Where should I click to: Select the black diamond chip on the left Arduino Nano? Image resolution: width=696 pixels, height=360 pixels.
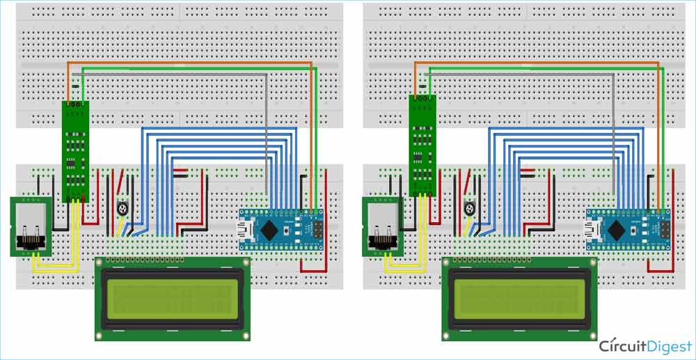point(271,228)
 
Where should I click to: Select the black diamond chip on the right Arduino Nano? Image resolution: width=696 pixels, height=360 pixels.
point(618,228)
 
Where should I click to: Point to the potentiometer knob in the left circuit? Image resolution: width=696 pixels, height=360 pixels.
point(123,207)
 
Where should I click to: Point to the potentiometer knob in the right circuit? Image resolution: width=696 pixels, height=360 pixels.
point(470,207)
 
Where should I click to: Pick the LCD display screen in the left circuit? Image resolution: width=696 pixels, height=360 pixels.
point(172,299)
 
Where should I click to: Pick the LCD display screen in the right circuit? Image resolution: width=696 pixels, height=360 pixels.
point(519,299)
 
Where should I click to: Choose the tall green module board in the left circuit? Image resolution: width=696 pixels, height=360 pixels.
point(76,150)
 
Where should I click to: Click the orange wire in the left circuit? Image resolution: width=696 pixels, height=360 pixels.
point(188,62)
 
